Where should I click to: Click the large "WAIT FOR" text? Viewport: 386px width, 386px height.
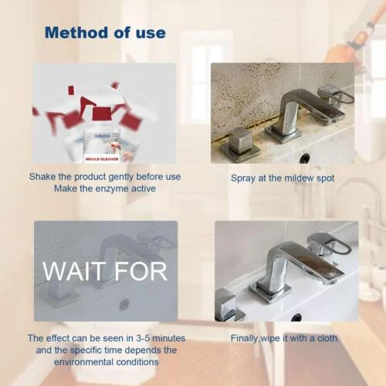(105, 271)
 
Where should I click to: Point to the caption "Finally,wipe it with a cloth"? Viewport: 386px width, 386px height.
(283, 338)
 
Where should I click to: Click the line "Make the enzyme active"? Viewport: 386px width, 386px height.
(104, 189)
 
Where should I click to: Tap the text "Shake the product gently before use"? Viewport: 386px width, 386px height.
(104, 177)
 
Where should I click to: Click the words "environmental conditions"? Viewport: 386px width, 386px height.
(104, 361)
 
